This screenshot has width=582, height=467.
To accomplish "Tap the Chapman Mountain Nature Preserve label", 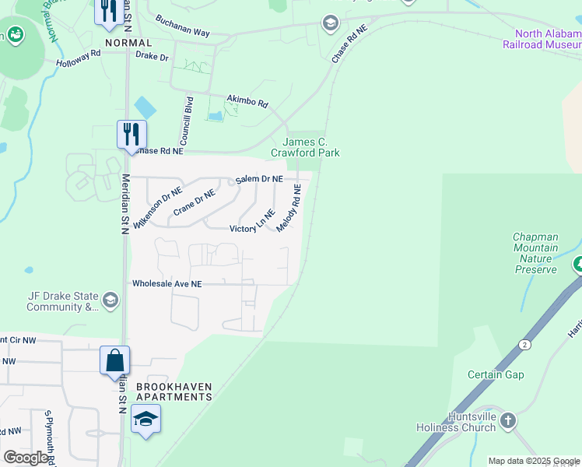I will pyautogui.click(x=535, y=253).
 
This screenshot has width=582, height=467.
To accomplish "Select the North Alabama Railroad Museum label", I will pyautogui.click(x=548, y=39).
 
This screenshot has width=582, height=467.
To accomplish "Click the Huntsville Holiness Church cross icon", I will pyautogui.click(x=508, y=421).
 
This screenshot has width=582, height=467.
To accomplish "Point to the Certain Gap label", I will pyautogui.click(x=496, y=374).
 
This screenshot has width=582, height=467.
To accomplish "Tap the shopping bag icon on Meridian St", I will pyautogui.click(x=114, y=360).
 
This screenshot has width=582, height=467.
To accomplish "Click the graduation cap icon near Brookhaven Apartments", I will pyautogui.click(x=145, y=419).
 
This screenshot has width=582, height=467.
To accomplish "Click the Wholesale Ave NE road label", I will pyautogui.click(x=167, y=284).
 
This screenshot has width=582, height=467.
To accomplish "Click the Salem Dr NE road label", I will pyautogui.click(x=259, y=179).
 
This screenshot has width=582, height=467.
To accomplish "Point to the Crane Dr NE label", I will pyautogui.click(x=194, y=203).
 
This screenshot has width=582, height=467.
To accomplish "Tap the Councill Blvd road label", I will pyautogui.click(x=187, y=123).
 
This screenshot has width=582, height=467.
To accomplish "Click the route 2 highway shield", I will pyautogui.click(x=526, y=343).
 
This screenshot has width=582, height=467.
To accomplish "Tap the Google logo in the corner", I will pyautogui.click(x=26, y=458).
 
